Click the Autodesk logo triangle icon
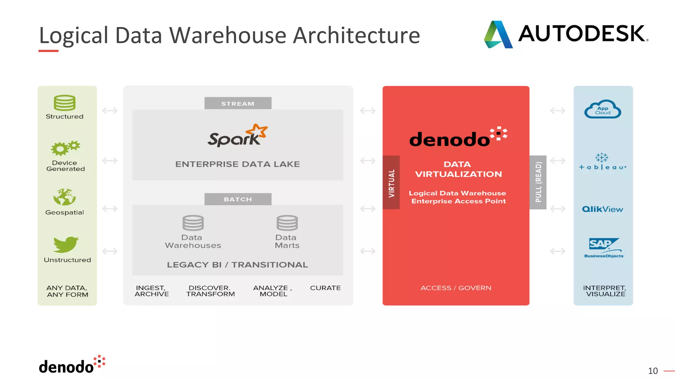tap(498, 35)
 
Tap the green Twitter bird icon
tap(66, 244)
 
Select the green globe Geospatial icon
tap(65, 197)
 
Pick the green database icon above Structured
tap(65, 103)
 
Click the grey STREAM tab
tap(238, 103)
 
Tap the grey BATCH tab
tap(238, 199)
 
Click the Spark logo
tap(238, 136)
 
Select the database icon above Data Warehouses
tap(193, 223)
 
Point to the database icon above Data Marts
tap(287, 223)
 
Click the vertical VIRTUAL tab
tap(391, 182)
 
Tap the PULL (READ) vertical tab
tap(538, 182)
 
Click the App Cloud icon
tap(602, 110)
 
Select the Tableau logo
tap(602, 162)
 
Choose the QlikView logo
tap(602, 209)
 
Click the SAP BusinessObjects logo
tap(604, 248)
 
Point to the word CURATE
tap(325, 288)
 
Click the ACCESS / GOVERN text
tap(456, 288)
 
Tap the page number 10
tap(653, 371)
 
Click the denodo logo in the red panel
tap(458, 137)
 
